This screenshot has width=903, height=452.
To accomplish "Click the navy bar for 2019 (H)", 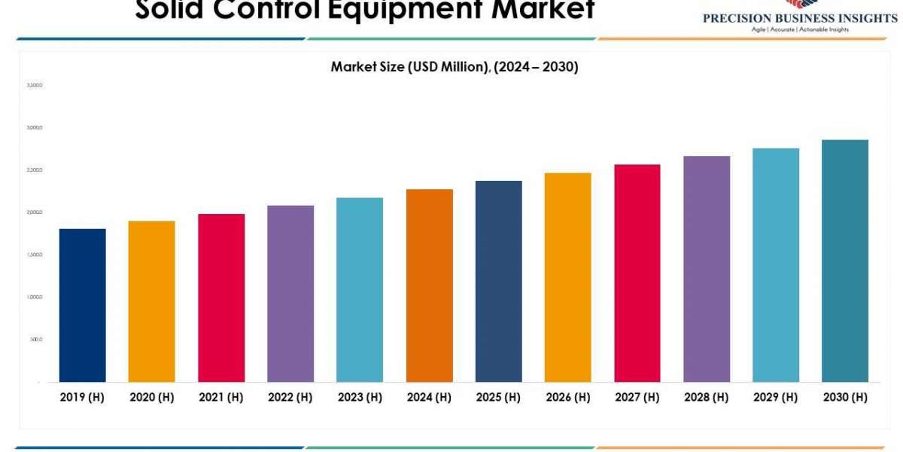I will coord(82,305).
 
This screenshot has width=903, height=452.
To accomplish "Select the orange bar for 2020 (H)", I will coord(151,301).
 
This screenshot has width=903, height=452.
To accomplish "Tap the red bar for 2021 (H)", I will coord(221,298).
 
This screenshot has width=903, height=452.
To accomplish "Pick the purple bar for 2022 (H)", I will coord(290,294).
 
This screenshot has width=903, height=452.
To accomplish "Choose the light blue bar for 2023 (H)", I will coord(360,290).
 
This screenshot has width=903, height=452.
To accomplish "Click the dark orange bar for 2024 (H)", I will coord(429,286).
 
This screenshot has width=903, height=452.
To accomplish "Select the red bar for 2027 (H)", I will coord(637,273).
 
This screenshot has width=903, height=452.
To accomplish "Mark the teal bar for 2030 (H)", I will coord(845,261).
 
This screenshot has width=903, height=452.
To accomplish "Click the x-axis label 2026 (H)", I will coord(568,397).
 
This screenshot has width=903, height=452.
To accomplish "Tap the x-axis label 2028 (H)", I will coord(707,397).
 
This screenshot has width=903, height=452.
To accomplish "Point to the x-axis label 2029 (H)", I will coord(776,397).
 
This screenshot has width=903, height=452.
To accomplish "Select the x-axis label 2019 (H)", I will coord(82,397).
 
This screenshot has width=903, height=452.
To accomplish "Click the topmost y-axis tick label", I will coord(35,85).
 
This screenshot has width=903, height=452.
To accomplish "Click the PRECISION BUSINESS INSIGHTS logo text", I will coord(800,18).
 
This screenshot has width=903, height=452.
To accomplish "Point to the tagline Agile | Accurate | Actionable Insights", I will coord(800,29).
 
